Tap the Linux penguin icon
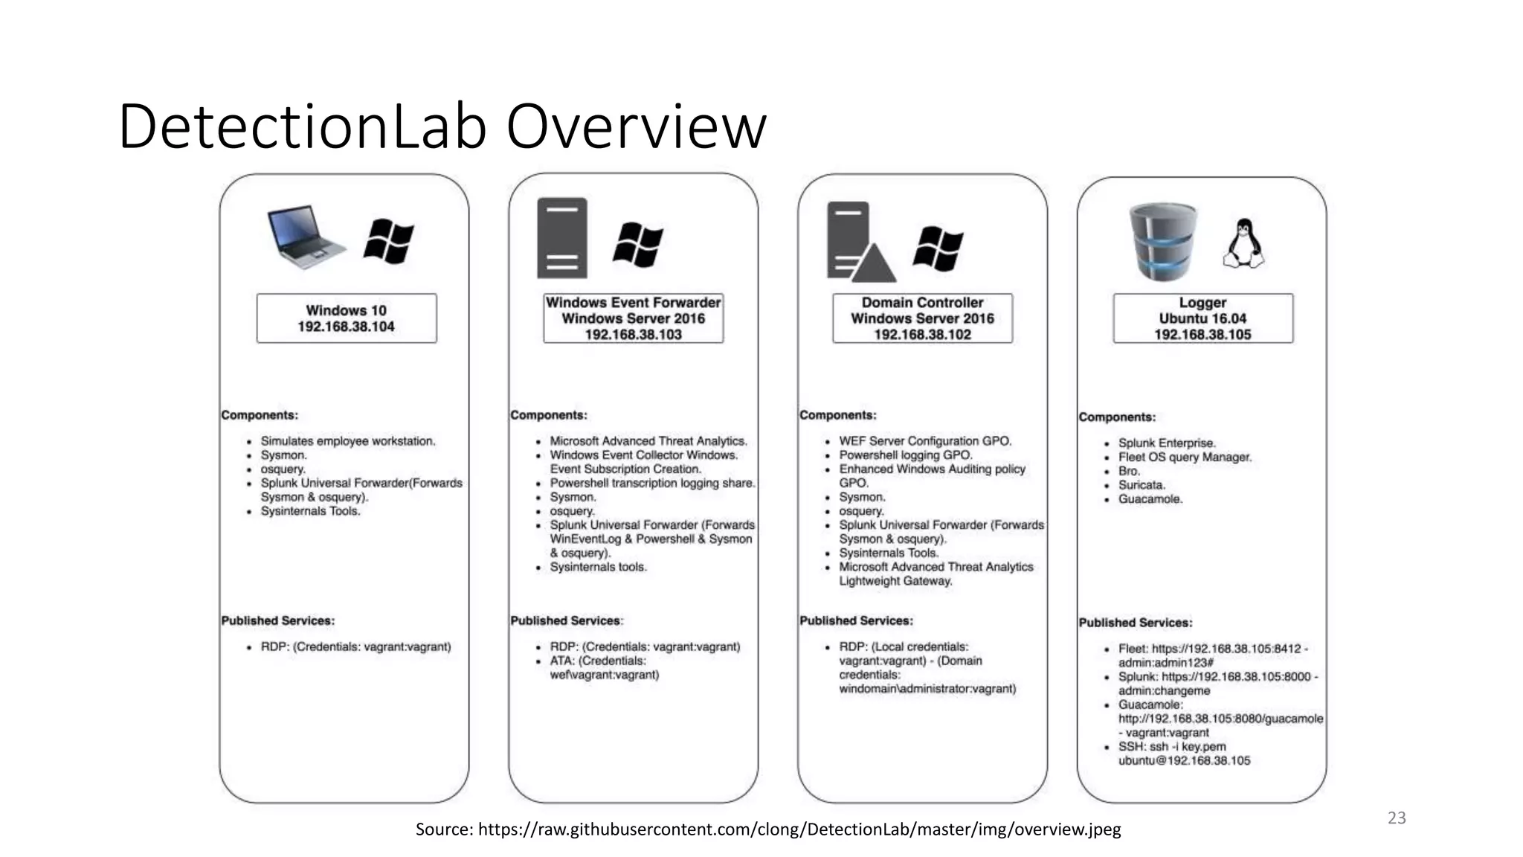coord(1243,244)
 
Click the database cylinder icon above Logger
coord(1164,243)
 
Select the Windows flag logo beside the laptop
coord(388,242)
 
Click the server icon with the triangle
coord(859,243)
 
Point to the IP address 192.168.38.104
coord(346,327)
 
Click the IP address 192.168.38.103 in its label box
coord(633,335)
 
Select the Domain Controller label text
coord(922,303)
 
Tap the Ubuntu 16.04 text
coord(1202,318)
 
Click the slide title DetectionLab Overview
coord(442,126)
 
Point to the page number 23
coord(1397,818)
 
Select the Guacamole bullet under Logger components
coord(1150,499)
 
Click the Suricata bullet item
coord(1142,485)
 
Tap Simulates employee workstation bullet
coord(347,441)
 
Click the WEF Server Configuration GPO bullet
coord(925,441)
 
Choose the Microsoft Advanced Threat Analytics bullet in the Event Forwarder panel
coord(648,441)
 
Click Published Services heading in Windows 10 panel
coord(278,620)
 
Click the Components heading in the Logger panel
coord(1117,417)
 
